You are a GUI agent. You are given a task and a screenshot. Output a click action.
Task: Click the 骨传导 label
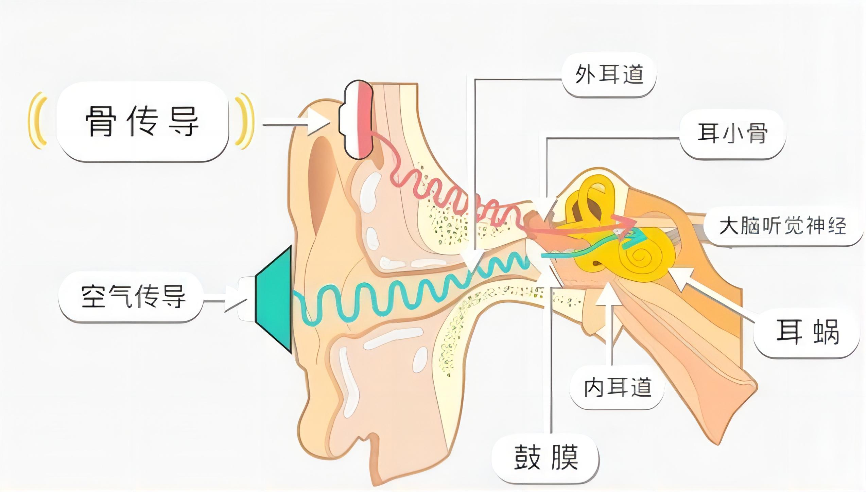point(142,121)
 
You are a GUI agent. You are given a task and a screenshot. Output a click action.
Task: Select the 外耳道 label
point(609,74)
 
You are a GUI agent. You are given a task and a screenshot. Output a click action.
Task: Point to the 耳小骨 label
point(733,133)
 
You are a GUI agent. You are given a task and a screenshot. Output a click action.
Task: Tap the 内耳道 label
point(617,387)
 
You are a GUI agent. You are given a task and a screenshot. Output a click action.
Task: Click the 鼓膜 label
point(546,458)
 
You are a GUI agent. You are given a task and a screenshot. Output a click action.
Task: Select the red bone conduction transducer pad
point(365,120)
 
